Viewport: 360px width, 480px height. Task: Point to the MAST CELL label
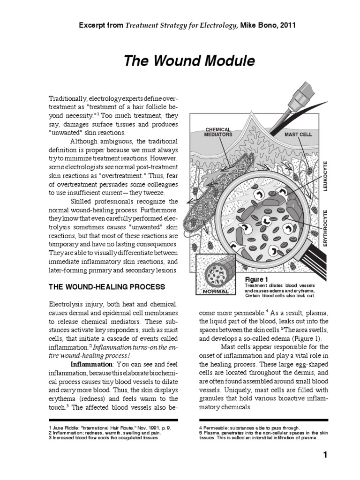(x=298, y=134)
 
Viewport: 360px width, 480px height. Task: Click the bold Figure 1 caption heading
(x=257, y=279)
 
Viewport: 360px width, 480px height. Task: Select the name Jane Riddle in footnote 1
(x=67, y=427)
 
